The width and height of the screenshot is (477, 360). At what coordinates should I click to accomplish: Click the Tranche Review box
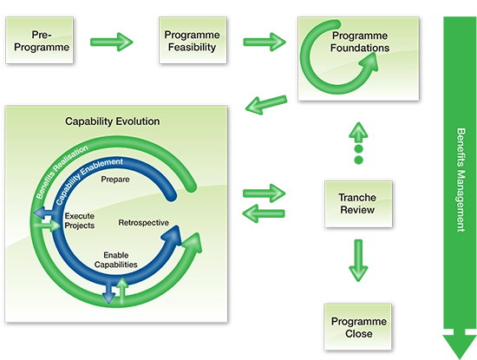(356, 204)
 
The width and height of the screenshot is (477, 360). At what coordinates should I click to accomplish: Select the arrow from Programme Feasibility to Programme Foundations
(263, 41)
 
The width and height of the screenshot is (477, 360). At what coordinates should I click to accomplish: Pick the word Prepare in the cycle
(115, 180)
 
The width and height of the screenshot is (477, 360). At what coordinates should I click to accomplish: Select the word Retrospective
(144, 223)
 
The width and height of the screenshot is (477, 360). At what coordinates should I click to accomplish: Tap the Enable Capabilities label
(115, 259)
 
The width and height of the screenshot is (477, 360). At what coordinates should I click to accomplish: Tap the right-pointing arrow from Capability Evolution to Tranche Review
(264, 190)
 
